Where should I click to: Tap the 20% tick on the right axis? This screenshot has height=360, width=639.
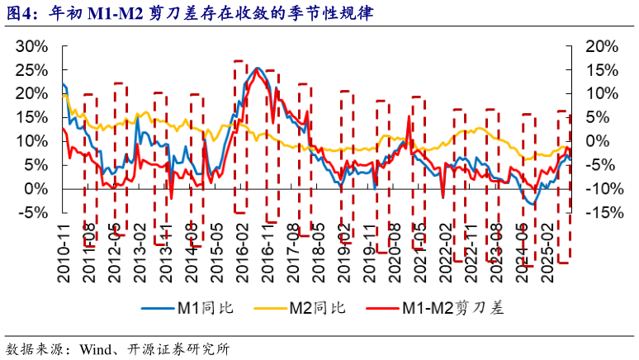click(599, 45)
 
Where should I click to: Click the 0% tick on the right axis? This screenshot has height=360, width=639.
click(594, 141)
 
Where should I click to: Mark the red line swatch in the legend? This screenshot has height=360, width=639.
click(379, 309)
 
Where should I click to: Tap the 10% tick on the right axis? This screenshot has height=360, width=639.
click(599, 93)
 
